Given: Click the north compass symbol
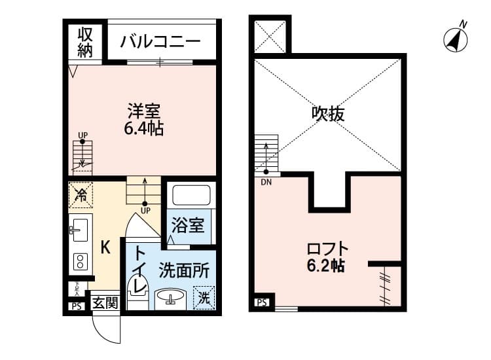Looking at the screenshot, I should point(457,39).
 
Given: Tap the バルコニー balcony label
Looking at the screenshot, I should point(160,43).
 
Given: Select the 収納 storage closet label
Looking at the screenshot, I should point(85,41).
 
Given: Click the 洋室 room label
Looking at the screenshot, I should point(144,111).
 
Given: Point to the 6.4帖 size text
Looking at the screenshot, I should point(144,128).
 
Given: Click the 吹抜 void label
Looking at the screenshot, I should point(328,115).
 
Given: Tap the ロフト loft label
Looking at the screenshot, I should point(328,249).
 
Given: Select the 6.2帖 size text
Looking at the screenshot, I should point(327,266).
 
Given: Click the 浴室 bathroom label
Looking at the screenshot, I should point(188,226).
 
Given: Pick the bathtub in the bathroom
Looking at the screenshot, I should point(191,196).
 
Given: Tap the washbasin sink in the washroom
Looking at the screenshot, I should point(170,298).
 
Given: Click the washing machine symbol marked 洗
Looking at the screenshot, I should point(204,298).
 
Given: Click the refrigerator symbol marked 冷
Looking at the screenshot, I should point(82,194).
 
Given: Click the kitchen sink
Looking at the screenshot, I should point(79,228).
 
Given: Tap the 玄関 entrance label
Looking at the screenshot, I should point(104,303).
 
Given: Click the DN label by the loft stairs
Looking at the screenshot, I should point(266,182).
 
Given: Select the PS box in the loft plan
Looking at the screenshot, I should point(261,302).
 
